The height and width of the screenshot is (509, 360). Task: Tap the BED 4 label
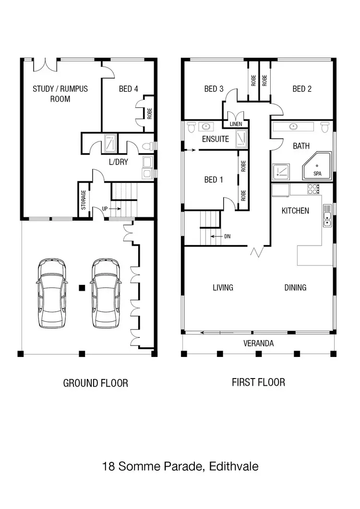(128, 89)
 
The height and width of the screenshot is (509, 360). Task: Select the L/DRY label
(118, 162)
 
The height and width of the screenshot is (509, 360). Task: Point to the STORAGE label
(84, 200)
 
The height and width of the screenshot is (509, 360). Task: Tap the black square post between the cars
(82, 288)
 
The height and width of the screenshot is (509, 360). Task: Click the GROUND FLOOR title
(96, 383)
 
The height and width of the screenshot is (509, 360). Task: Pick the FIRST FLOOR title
(258, 382)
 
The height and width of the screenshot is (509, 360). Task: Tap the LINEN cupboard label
(236, 124)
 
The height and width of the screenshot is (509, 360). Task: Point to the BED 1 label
(214, 180)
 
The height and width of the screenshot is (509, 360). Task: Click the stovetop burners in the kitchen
(313, 188)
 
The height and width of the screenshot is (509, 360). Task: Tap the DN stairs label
(227, 237)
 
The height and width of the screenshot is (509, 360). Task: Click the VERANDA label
(258, 343)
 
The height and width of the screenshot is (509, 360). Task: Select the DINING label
(295, 288)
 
